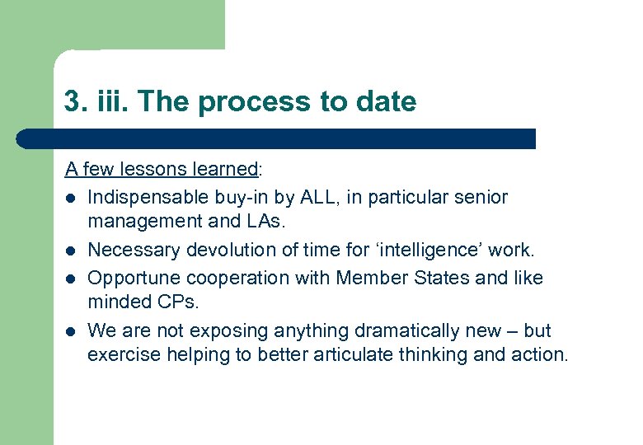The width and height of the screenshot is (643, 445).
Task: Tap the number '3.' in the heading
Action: point(75,102)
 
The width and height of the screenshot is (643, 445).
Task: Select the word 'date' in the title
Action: point(386,102)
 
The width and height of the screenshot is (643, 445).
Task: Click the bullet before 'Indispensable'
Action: point(73,199)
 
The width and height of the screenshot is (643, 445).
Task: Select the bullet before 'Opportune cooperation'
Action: point(73,279)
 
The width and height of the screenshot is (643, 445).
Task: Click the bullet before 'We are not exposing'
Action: point(73,331)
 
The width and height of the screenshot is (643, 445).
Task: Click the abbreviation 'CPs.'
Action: point(177,303)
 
